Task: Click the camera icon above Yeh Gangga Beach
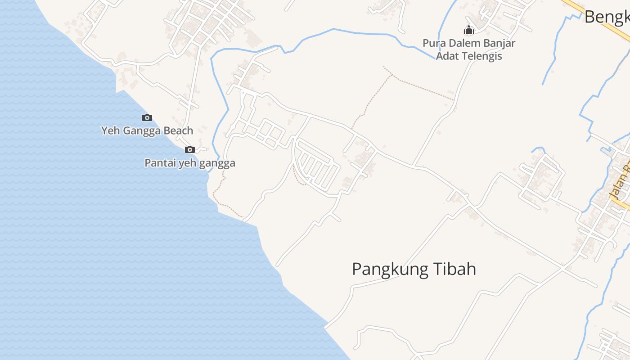coord(147,118)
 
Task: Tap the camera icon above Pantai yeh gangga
coord(190,150)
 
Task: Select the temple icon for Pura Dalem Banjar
coord(469,30)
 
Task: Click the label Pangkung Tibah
coord(414,269)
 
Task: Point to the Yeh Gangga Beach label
coord(147,130)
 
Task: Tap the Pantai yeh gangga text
coord(190,163)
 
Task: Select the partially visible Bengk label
coord(607,17)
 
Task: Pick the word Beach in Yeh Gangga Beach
coord(179,130)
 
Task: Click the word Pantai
coord(157,163)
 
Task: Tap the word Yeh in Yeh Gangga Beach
coord(110,130)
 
